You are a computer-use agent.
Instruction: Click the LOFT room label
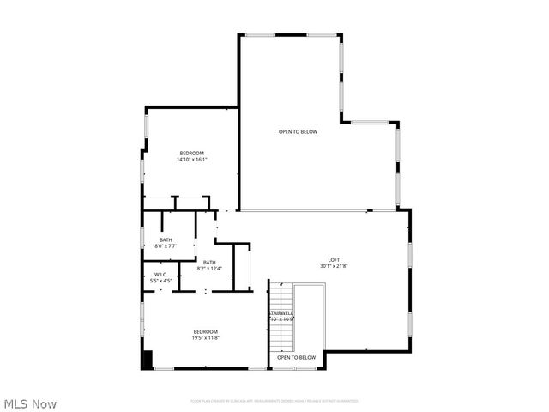tap(334, 260)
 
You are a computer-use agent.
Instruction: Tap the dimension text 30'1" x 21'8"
tap(334, 266)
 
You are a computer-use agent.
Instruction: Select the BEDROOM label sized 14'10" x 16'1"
tap(191, 153)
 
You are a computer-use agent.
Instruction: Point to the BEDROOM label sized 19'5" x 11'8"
tap(205, 331)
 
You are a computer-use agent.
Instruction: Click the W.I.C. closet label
tap(160, 275)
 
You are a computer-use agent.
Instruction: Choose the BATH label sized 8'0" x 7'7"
tap(166, 239)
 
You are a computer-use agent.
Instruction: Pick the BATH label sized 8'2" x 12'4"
tap(209, 263)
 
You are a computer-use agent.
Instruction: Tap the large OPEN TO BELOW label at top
tap(298, 131)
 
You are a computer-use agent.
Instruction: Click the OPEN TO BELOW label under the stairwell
tap(296, 357)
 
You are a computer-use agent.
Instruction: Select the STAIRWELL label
tap(282, 312)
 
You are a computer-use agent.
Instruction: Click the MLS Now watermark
tap(30, 403)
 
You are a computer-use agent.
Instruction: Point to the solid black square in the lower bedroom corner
tap(147, 360)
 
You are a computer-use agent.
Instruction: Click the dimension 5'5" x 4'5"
tap(160, 281)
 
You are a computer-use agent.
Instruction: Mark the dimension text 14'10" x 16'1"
tap(191, 159)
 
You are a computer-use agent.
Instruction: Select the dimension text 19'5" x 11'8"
tap(205, 337)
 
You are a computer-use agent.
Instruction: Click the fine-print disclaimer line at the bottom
tap(274, 400)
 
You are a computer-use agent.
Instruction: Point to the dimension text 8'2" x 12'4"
tap(209, 269)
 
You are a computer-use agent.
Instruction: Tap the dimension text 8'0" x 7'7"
tap(166, 245)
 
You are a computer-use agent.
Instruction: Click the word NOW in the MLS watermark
tap(45, 403)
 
